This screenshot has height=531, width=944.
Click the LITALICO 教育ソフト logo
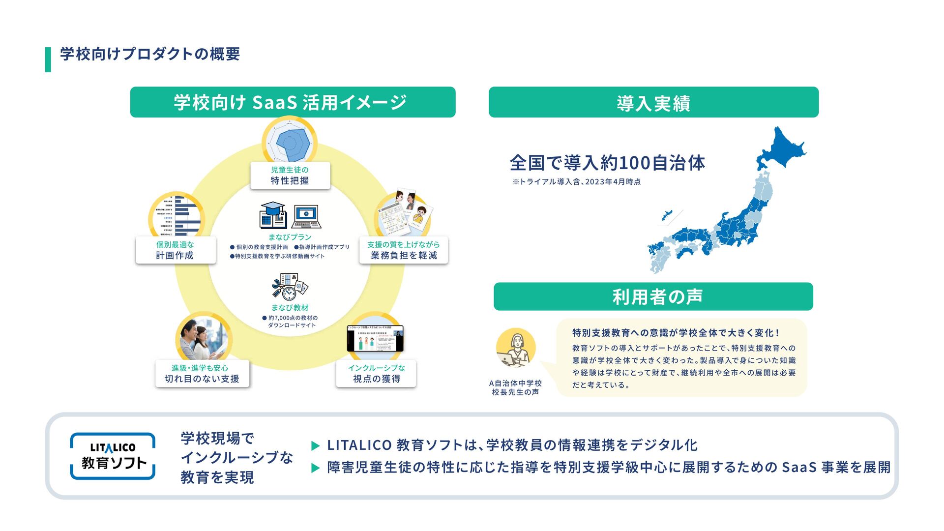(x=113, y=456)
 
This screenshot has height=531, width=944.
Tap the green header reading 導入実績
(x=653, y=102)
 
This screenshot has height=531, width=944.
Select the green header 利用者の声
(x=653, y=296)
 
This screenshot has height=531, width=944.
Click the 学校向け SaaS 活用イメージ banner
(x=293, y=102)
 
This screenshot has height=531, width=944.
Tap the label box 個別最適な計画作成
(x=176, y=250)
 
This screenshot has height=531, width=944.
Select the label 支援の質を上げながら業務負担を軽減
(x=404, y=250)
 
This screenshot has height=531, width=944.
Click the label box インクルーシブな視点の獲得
(x=376, y=374)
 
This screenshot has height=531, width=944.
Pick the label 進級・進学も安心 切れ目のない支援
(x=202, y=374)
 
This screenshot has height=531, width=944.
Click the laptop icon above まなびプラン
(x=306, y=217)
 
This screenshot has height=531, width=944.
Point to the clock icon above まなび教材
(x=289, y=294)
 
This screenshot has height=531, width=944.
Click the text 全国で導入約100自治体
(x=607, y=163)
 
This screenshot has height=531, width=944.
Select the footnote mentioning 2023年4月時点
(x=576, y=182)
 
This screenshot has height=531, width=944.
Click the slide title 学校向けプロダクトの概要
(x=150, y=54)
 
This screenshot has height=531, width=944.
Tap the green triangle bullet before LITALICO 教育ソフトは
(x=316, y=446)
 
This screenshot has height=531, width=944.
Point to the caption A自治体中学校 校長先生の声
(x=515, y=387)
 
